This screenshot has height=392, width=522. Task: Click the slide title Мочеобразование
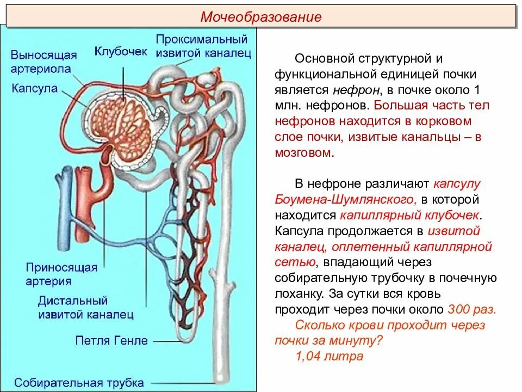click(x=261, y=17)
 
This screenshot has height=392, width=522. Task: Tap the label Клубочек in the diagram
click(x=121, y=51)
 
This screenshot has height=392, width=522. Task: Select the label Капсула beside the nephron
click(x=34, y=88)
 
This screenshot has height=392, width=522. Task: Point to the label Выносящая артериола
click(x=43, y=62)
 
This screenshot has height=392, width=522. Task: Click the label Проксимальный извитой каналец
click(x=202, y=46)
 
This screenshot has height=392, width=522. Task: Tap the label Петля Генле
click(x=111, y=341)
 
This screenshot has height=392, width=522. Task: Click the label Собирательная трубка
click(x=79, y=382)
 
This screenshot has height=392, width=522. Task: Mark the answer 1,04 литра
click(x=329, y=357)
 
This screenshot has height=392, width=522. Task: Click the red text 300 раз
click(x=472, y=310)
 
